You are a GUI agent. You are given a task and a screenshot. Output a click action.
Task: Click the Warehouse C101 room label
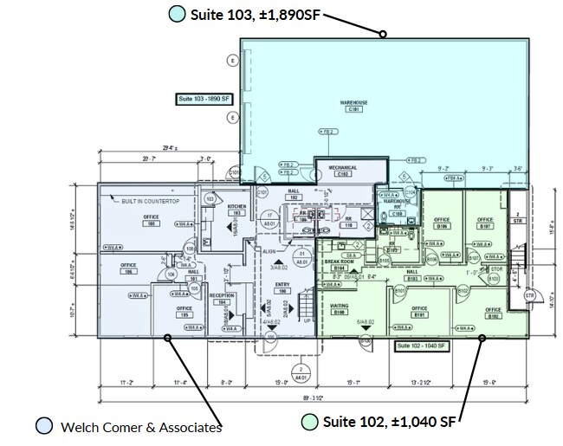click(353, 106)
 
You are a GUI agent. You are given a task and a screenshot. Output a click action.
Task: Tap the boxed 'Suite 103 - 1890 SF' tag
click(205, 100)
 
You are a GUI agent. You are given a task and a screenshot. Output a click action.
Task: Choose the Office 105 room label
click(184, 310)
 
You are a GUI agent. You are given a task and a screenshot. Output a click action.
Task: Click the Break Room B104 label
click(335, 266)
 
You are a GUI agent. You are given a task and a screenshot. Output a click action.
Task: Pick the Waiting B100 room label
click(340, 308)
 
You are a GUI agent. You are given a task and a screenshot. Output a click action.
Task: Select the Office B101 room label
click(420, 312)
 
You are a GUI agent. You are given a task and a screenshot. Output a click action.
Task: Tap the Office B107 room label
click(485, 223)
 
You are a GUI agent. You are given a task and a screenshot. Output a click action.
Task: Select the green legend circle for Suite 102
click(308, 423)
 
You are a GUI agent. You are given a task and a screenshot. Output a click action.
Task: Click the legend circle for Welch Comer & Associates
click(43, 425)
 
